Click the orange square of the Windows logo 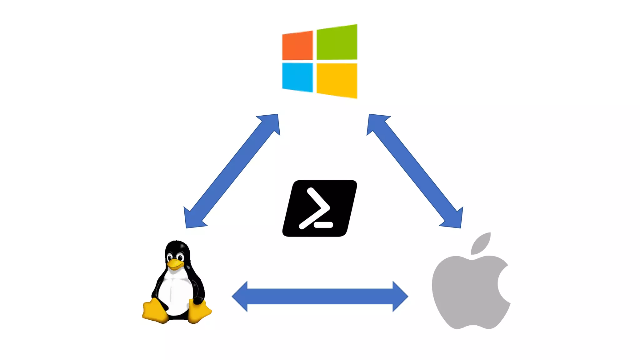pos(297,46)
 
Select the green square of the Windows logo pos(337,42)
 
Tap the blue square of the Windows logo pos(297,77)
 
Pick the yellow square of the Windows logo pos(337,80)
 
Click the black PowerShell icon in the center pos(319,208)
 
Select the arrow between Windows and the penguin pos(232,171)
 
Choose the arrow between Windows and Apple pos(415,171)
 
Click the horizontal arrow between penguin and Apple pos(320,296)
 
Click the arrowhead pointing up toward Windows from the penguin pos(271,123)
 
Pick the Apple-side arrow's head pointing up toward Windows pos(376,123)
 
